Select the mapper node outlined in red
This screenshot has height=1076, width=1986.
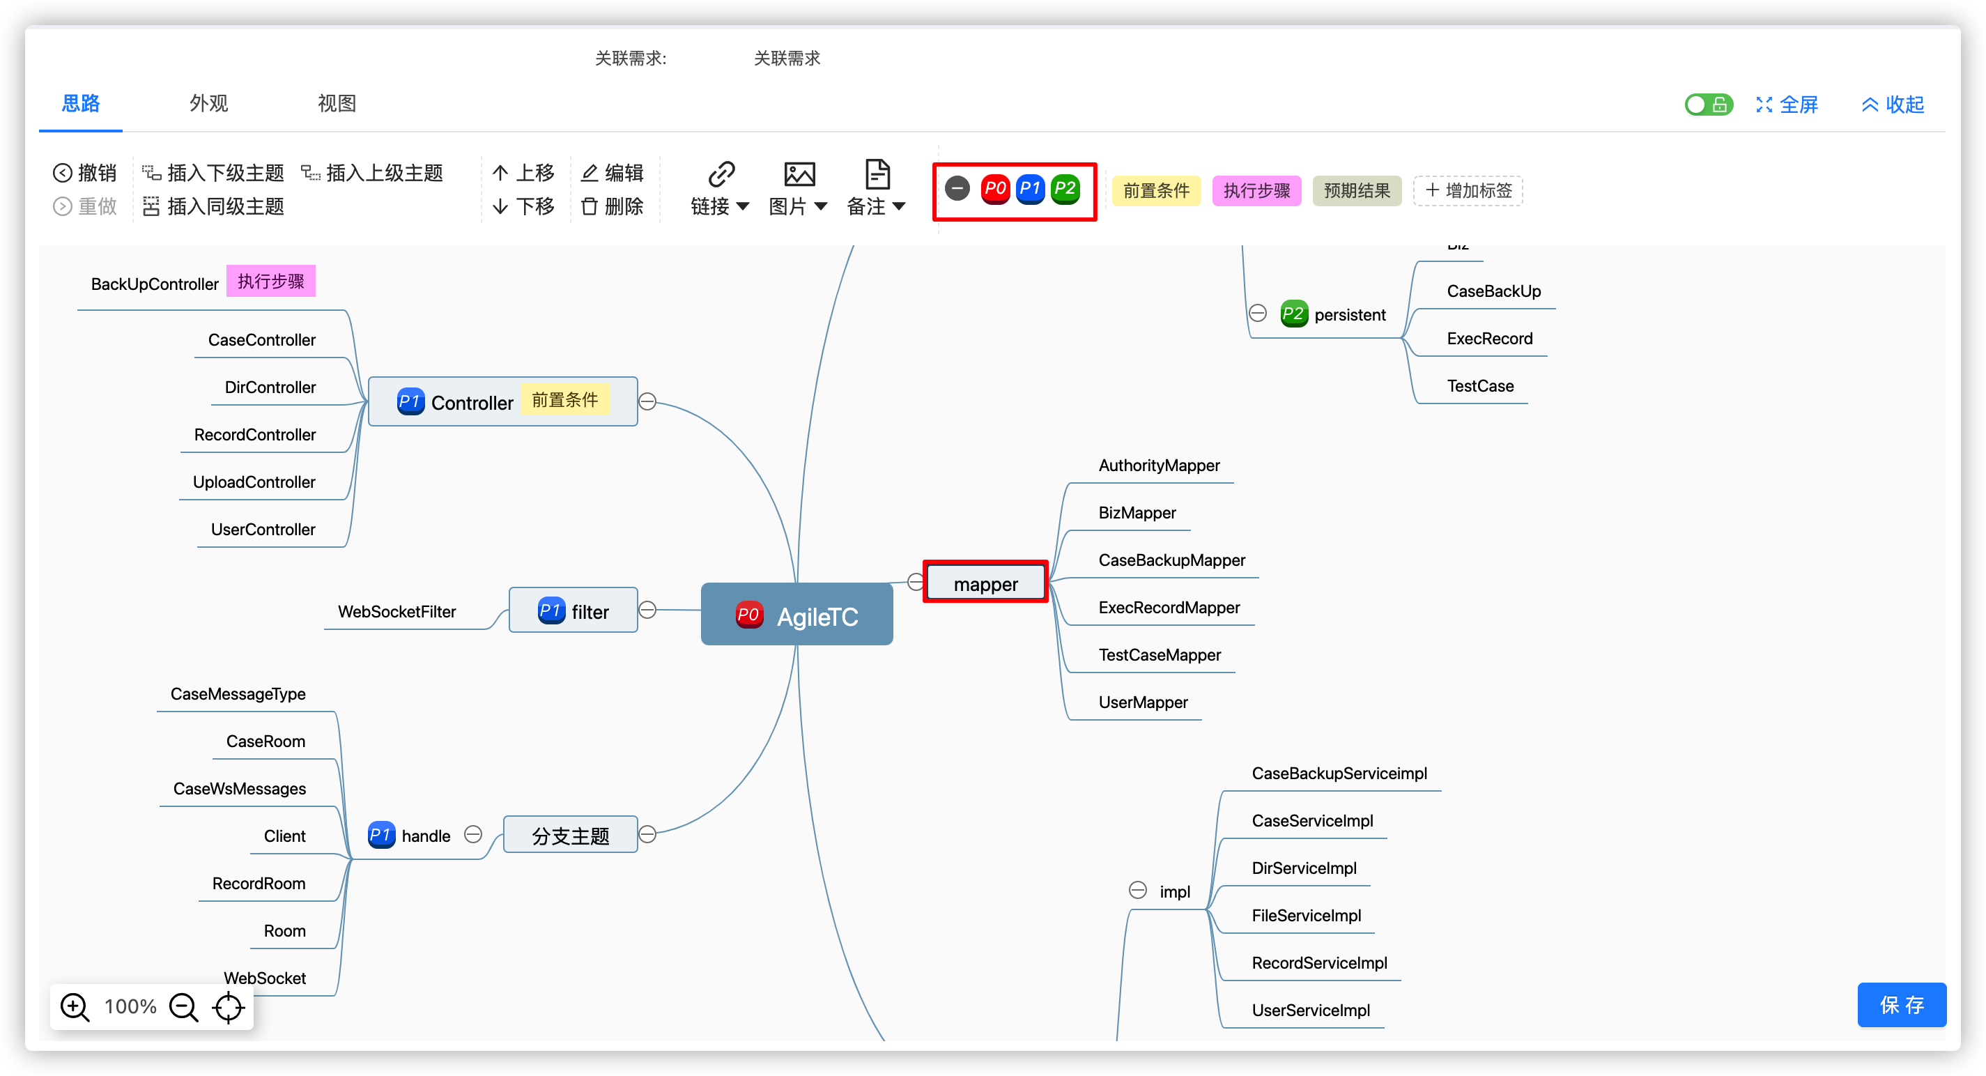985,583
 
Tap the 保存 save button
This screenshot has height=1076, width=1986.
1901,1004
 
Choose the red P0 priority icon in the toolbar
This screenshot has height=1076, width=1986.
994,189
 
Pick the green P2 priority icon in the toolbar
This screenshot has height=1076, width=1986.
1065,189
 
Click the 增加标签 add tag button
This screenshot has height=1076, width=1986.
1468,190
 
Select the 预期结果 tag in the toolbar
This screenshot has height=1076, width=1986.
1357,190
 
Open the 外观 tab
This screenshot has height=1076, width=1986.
209,103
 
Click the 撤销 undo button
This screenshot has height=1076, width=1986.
85,173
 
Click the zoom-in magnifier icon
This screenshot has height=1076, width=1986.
75,1006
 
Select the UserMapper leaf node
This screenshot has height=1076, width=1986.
1143,702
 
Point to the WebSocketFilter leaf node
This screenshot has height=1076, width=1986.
397,611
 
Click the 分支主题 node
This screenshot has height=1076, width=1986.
571,835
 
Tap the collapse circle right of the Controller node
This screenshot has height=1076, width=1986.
647,401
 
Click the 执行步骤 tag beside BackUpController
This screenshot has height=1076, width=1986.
270,282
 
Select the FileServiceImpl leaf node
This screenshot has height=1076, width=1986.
1306,915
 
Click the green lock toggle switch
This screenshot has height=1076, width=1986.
1708,105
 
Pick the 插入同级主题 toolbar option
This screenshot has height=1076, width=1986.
213,206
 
